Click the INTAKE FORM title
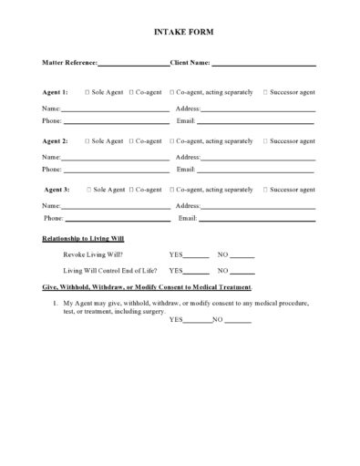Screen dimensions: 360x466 click(x=180, y=34)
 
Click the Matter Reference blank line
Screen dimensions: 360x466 click(x=132, y=65)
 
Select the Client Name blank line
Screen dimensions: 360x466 click(x=263, y=65)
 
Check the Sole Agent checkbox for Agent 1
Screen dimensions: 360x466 click(x=87, y=92)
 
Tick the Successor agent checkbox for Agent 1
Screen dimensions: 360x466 click(x=265, y=92)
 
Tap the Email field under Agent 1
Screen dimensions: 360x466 click(x=256, y=121)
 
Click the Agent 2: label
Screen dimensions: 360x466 click(x=56, y=141)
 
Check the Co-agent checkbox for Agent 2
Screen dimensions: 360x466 click(x=132, y=141)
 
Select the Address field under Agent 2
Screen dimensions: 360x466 click(x=258, y=158)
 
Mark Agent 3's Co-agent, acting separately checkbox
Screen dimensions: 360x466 click(x=170, y=190)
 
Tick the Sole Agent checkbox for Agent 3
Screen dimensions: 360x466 click(x=88, y=190)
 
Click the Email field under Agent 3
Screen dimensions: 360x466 click(x=257, y=220)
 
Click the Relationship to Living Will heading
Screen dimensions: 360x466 click(x=83, y=239)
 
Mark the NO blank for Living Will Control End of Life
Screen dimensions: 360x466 click(x=243, y=272)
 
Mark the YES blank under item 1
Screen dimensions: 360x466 click(x=198, y=321)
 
